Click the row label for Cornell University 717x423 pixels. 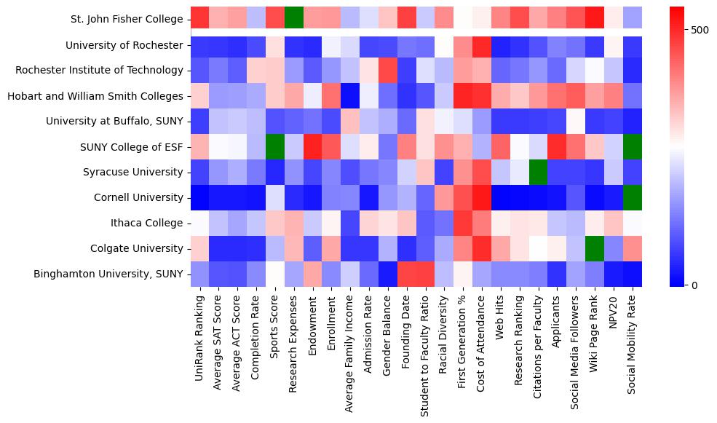click(138, 198)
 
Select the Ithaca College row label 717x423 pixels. click(149, 224)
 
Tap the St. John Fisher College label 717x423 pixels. click(127, 20)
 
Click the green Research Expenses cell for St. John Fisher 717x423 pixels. click(294, 16)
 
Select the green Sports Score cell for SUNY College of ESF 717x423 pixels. click(275, 147)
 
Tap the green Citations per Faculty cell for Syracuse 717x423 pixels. click(539, 173)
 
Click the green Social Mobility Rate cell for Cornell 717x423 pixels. click(633, 198)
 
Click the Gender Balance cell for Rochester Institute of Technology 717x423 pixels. click(388, 71)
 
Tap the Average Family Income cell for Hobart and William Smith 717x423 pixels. click(350, 96)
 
